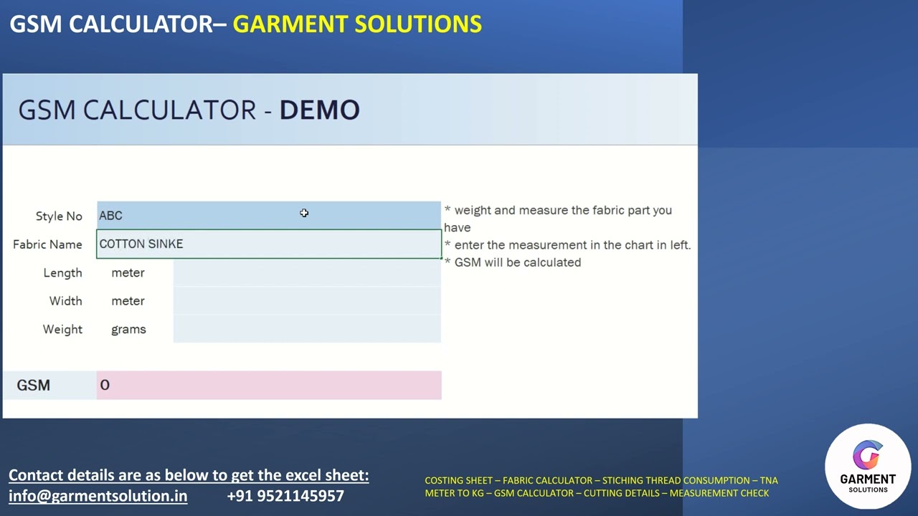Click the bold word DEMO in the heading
coord(319,110)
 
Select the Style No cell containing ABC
coord(268,215)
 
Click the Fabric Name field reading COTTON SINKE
coord(268,244)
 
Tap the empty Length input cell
coord(306,272)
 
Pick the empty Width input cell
coord(306,301)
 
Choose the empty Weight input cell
coord(306,329)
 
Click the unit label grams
coord(128,329)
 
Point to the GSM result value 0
coord(105,386)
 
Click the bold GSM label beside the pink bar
coord(33,386)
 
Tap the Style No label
coord(59,216)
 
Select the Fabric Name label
coord(47,244)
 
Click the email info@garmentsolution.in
coord(98,496)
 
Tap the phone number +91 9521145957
coord(285,496)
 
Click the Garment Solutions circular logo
coord(868,466)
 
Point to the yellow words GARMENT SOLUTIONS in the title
coord(357,24)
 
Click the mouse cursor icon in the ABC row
coord(304,213)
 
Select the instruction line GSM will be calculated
coord(517,262)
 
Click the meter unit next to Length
coord(128,272)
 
